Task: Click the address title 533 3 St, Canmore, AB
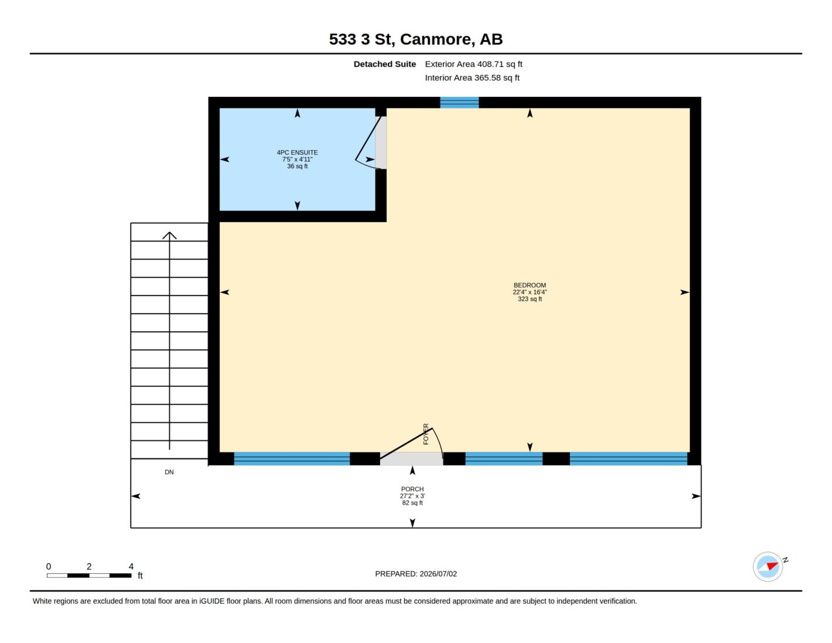[415, 39]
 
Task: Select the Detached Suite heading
[384, 64]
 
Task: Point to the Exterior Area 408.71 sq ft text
[473, 64]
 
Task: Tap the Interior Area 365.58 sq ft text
[472, 78]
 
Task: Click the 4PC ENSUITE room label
[297, 152]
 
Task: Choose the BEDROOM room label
[530, 285]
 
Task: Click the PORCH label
[412, 489]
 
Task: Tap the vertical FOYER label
[426, 434]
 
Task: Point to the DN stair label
[169, 472]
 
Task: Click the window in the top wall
[459, 103]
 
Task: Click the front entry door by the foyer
[411, 444]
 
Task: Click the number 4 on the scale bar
[131, 566]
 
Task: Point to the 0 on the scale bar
[49, 566]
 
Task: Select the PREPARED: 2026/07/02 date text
[416, 574]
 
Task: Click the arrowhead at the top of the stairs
[169, 235]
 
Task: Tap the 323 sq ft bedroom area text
[530, 299]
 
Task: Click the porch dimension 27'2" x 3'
[412, 496]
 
